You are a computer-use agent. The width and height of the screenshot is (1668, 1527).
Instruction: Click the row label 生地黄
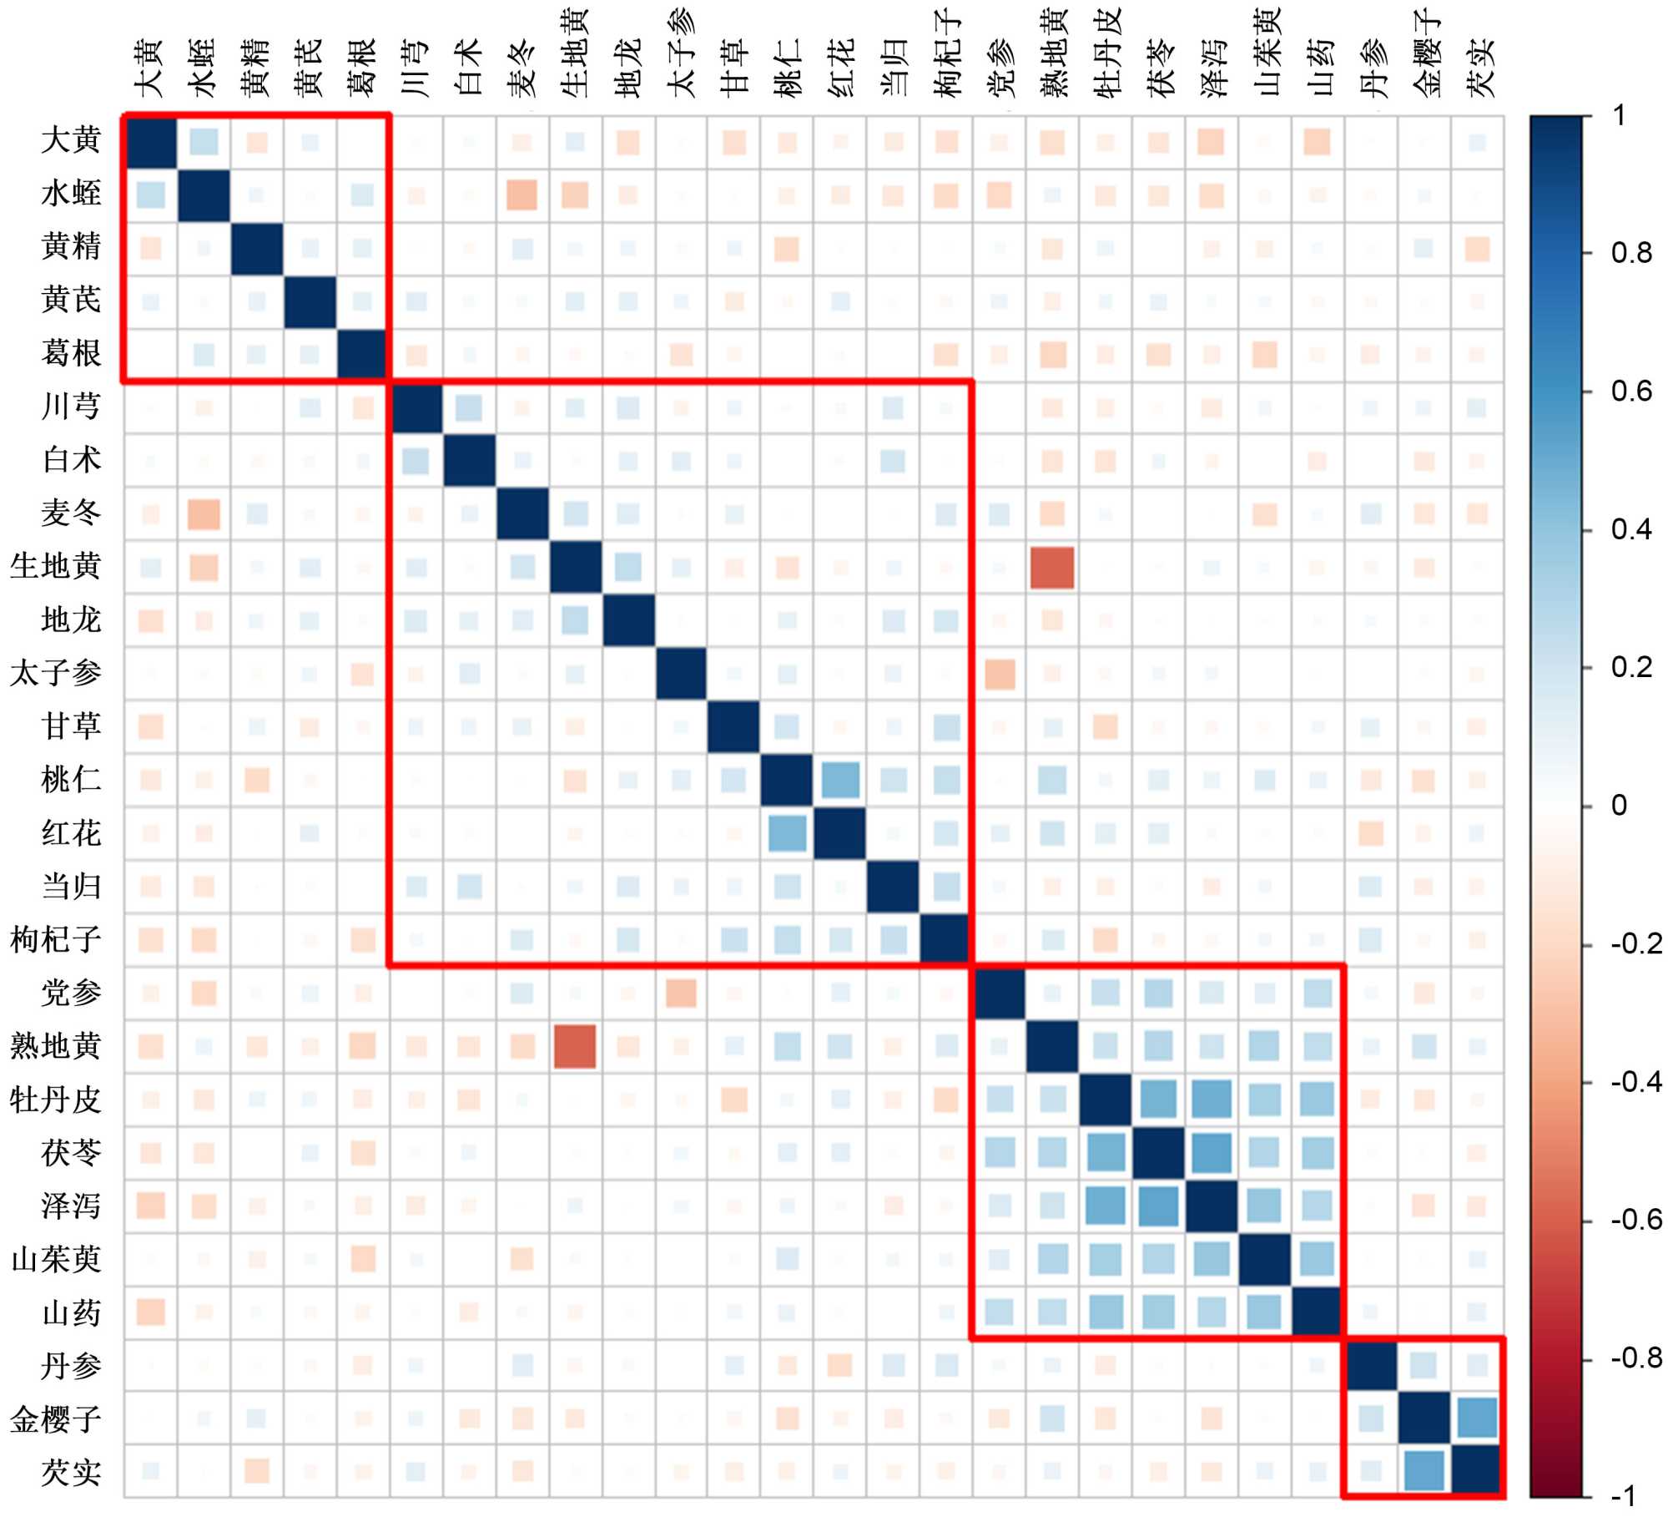(x=55, y=566)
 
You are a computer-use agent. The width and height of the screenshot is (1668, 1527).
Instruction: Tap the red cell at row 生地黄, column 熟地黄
(x=1052, y=567)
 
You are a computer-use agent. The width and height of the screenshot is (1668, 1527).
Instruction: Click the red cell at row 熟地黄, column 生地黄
(x=575, y=1046)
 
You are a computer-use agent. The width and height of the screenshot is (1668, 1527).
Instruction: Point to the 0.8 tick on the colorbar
(x=1631, y=253)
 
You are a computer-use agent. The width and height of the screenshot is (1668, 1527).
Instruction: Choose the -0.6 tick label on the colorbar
(x=1635, y=1220)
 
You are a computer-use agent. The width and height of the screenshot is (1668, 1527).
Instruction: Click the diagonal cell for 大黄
(x=150, y=142)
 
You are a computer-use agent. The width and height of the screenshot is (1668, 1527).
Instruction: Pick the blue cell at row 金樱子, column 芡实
(x=1477, y=1418)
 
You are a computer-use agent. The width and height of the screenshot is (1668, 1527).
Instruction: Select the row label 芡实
(x=71, y=1471)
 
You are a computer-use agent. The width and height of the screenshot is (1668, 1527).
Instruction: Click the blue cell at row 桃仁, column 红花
(x=840, y=780)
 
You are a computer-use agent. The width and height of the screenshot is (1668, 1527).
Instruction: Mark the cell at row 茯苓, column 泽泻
(x=1212, y=1152)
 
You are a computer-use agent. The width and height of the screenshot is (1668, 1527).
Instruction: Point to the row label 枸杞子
(x=55, y=939)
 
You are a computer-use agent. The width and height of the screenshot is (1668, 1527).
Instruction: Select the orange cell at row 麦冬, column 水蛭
(x=204, y=513)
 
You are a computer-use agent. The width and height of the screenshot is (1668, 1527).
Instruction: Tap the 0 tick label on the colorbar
(x=1620, y=806)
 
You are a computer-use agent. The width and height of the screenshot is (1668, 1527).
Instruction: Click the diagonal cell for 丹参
(x=1371, y=1365)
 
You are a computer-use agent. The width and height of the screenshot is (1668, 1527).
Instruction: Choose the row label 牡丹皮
(x=55, y=1100)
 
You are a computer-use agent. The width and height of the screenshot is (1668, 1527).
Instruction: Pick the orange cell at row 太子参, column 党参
(x=1000, y=673)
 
